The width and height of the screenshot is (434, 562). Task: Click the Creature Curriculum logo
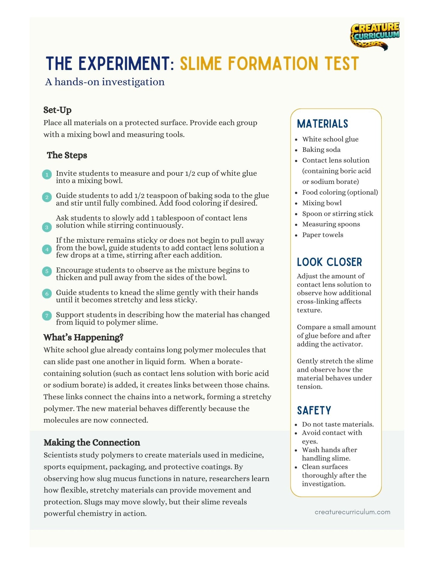(375, 36)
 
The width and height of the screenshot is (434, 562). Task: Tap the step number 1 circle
(47, 175)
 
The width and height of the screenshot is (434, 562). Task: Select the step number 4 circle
(47, 249)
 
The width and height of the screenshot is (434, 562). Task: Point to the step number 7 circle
(47, 316)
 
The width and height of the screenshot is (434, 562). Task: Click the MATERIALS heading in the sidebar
(322, 124)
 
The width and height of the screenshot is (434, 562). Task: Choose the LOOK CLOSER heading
(329, 262)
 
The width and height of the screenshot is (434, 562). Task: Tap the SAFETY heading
(314, 411)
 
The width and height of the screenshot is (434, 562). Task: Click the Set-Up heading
(57, 110)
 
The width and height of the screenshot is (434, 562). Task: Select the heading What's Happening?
(83, 337)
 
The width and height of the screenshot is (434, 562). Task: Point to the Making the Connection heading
(92, 442)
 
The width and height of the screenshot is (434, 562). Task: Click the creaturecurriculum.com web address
(352, 512)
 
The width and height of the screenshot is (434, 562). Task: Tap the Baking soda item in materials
(321, 150)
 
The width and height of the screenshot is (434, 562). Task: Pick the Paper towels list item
(323, 235)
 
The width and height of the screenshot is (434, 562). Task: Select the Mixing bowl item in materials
(322, 203)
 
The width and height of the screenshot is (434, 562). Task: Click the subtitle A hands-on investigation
(105, 82)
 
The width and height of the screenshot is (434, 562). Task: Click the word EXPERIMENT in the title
(124, 64)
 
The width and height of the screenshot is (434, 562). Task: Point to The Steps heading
(67, 155)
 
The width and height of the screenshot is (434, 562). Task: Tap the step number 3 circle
(47, 227)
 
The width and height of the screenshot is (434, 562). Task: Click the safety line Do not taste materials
(338, 424)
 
